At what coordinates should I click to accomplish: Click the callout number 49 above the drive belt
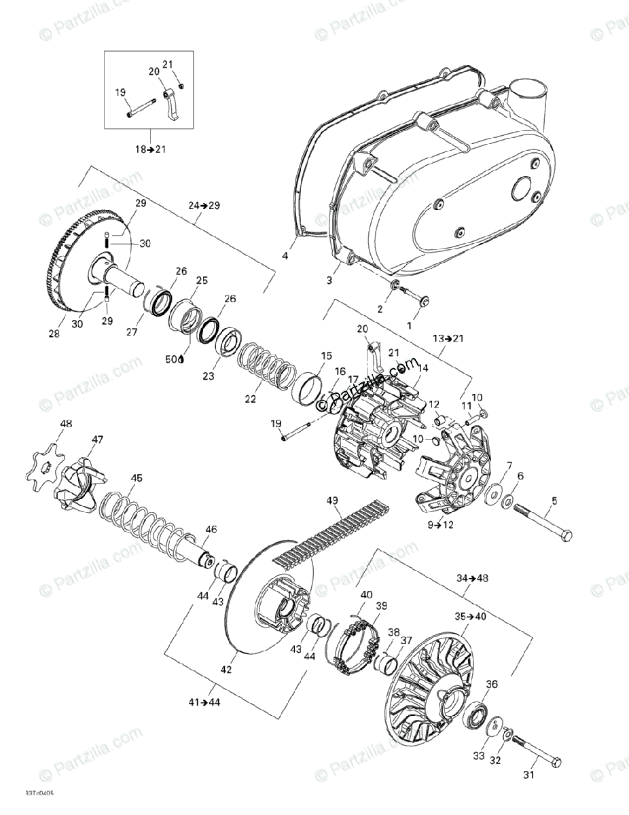pyautogui.click(x=332, y=501)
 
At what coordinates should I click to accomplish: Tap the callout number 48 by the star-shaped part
pyautogui.click(x=65, y=424)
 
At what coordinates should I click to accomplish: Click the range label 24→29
pyautogui.click(x=203, y=204)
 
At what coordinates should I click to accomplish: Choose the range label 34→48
pyautogui.click(x=472, y=578)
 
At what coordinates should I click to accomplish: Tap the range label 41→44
pyautogui.click(x=206, y=702)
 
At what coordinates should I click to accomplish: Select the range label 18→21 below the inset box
pyautogui.click(x=151, y=149)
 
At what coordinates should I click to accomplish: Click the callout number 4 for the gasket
pyautogui.click(x=285, y=256)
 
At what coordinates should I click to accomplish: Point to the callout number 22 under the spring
pyautogui.click(x=250, y=399)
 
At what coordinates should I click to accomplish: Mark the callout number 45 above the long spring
pyautogui.click(x=137, y=479)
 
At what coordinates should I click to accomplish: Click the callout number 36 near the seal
pyautogui.click(x=492, y=684)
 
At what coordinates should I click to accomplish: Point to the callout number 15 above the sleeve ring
pyautogui.click(x=327, y=355)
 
